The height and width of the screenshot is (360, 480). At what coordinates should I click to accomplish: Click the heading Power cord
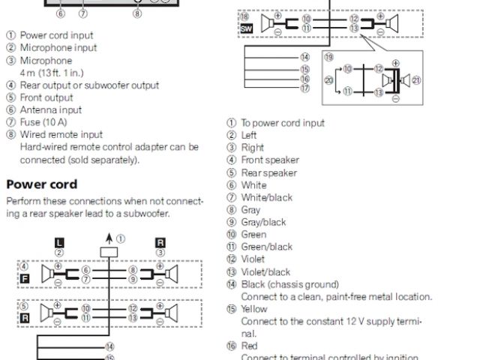[x=42, y=184]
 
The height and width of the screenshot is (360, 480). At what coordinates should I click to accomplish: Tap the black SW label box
[x=245, y=28]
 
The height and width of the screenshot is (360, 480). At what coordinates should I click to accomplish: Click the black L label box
[x=59, y=242]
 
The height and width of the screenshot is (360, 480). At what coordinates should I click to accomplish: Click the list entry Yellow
[x=254, y=309]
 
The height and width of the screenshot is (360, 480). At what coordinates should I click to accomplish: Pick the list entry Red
[x=249, y=346]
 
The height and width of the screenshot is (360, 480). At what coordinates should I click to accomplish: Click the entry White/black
[x=266, y=197]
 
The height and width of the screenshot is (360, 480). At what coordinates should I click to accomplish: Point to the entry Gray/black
[x=263, y=222]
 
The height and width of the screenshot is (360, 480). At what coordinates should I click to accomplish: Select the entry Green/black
[x=266, y=247]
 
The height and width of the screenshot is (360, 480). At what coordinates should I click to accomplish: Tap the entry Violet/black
[x=265, y=271]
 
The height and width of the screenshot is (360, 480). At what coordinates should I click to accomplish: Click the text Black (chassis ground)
[x=289, y=284]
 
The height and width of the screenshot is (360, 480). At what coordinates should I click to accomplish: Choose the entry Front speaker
[x=269, y=160]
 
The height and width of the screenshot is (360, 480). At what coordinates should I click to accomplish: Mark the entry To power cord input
[x=283, y=123]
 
